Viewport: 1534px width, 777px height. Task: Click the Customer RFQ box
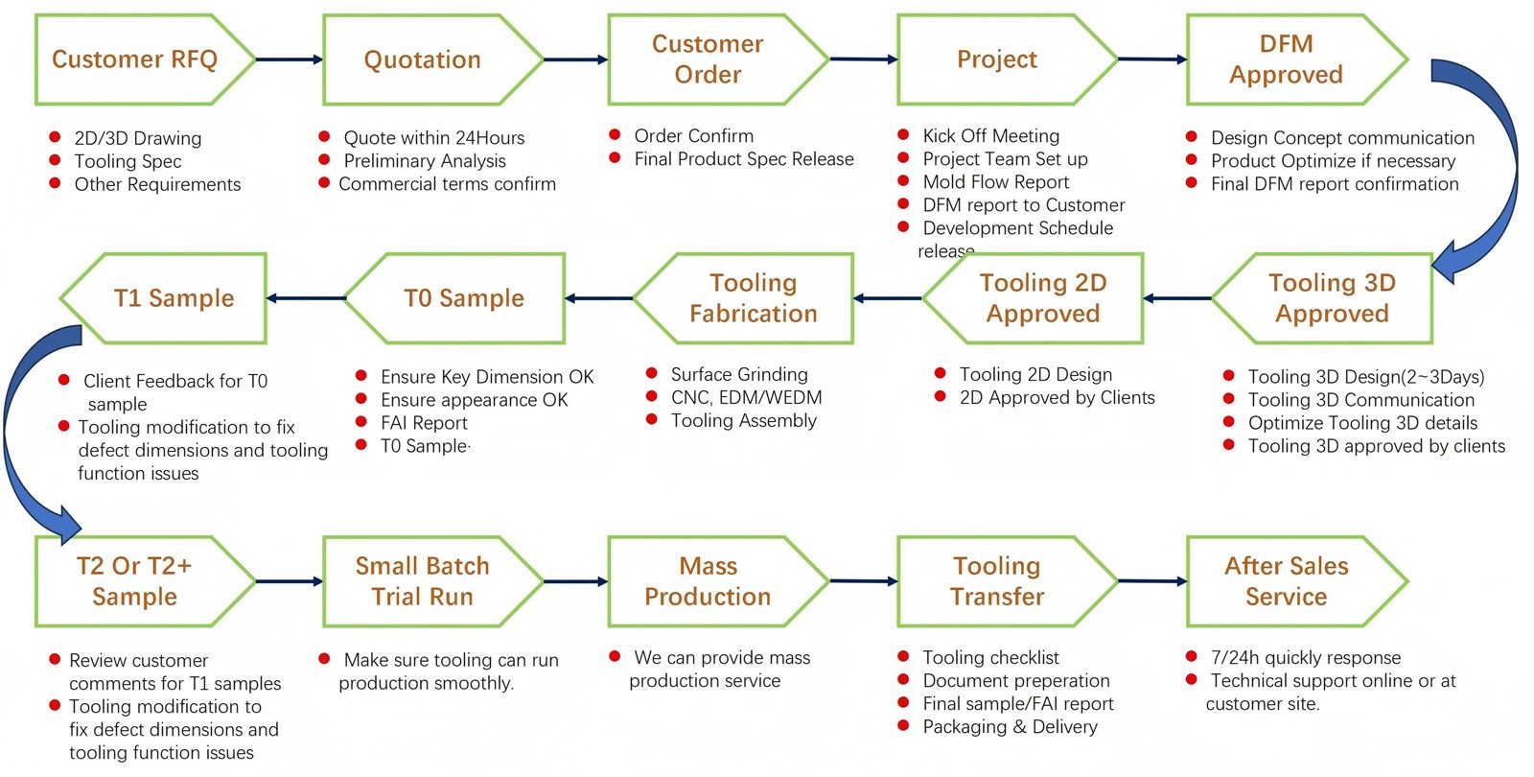pos(134,59)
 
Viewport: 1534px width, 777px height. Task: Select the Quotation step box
pos(422,59)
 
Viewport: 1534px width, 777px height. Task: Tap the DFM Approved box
pos(1286,59)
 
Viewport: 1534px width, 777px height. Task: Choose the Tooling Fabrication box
pos(753,298)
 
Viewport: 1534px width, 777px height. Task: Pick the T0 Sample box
pos(464,298)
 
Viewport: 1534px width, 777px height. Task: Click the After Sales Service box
pos(1286,581)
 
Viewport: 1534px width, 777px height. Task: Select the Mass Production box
pos(708,581)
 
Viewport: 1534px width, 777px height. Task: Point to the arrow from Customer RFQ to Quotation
pos(290,59)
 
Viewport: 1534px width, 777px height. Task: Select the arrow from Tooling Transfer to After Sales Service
pos(1151,581)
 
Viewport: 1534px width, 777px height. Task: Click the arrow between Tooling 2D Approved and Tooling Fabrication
pos(888,298)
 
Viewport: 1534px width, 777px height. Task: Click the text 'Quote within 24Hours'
pos(433,138)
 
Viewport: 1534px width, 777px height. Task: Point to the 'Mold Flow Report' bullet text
pos(995,182)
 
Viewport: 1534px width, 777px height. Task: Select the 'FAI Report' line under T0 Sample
pos(424,423)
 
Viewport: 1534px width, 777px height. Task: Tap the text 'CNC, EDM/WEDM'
pos(746,397)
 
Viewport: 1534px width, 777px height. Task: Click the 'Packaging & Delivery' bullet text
pos(1010,727)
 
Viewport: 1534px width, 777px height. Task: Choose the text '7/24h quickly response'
pos(1305,658)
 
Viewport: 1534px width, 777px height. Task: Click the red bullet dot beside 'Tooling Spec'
pos(55,161)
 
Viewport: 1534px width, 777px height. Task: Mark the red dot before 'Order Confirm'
pos(615,135)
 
